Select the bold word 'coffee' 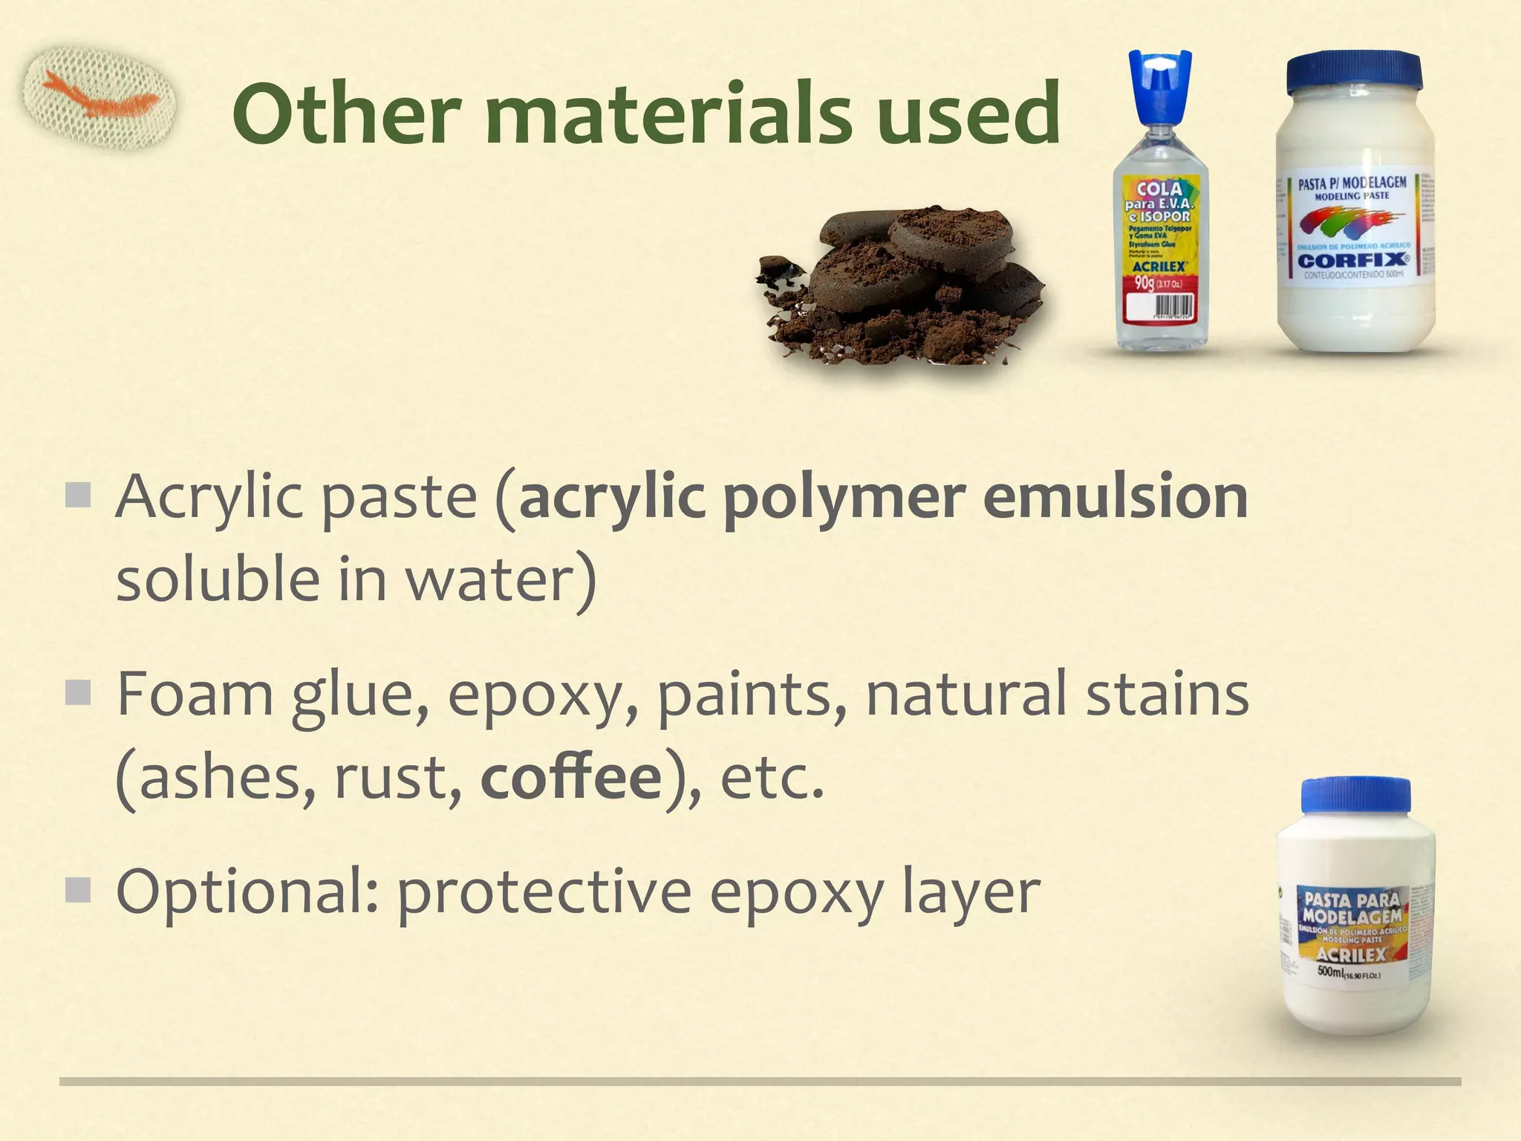click(571, 778)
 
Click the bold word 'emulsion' click(1115, 497)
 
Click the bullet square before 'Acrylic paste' click(77, 495)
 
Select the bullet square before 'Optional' click(77, 889)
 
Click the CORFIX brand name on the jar click(1352, 260)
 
